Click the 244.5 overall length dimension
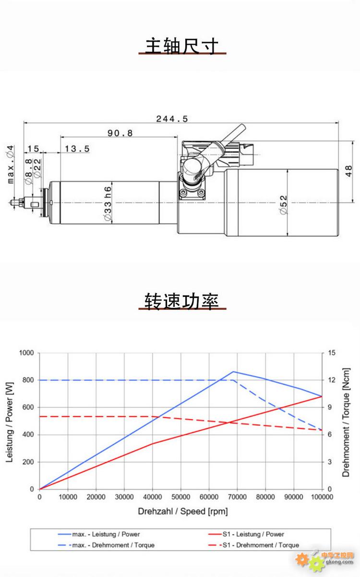(172, 119)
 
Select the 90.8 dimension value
(120, 133)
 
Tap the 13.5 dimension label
(77, 149)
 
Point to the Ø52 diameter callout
(283, 205)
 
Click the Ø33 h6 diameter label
(108, 203)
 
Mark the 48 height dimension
(348, 171)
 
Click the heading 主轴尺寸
(182, 46)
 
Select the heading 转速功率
(182, 301)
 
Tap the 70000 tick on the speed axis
(237, 497)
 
